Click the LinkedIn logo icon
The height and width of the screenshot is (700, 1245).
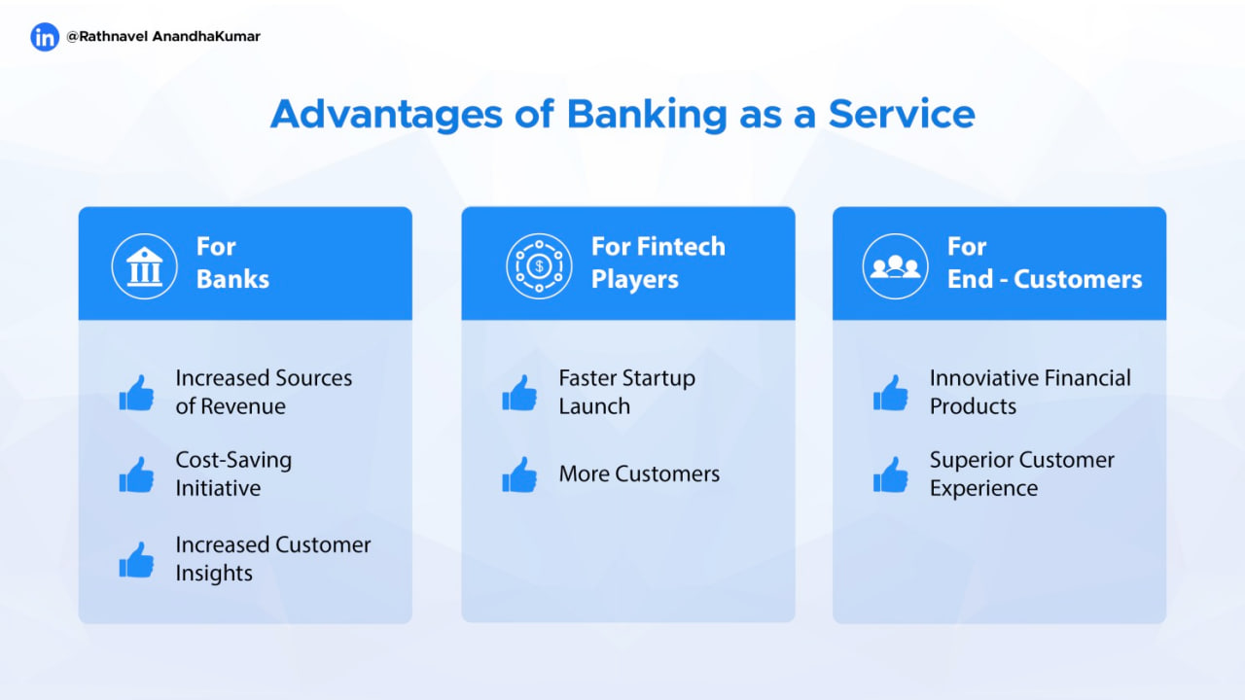tap(45, 37)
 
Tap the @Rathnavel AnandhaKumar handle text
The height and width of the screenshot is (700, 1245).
tap(163, 37)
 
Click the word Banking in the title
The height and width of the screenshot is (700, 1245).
tap(647, 116)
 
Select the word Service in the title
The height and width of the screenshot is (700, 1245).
tap(902, 114)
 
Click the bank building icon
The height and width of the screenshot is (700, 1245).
tap(145, 266)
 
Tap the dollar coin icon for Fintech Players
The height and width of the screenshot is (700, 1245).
tap(539, 266)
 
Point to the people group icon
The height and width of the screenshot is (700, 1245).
tap(895, 266)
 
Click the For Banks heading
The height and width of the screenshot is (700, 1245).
tap(232, 262)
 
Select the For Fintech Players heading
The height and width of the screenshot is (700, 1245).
tap(658, 262)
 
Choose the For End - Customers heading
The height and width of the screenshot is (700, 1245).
tap(1045, 262)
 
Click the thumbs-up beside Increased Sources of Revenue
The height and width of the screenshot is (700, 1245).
tap(137, 393)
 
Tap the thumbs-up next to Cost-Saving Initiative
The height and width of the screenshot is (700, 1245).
tap(137, 474)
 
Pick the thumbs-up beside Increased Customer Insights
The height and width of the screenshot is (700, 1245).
tap(137, 559)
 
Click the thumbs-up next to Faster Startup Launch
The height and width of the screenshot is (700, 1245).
tap(519, 393)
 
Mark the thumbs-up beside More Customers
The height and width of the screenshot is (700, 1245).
tap(519, 474)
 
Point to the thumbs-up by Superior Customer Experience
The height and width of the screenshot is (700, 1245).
tap(890, 474)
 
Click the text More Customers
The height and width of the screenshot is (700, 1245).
tap(639, 473)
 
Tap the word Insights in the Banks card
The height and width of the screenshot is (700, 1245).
tap(214, 574)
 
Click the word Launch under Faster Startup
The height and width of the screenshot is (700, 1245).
tap(594, 406)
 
